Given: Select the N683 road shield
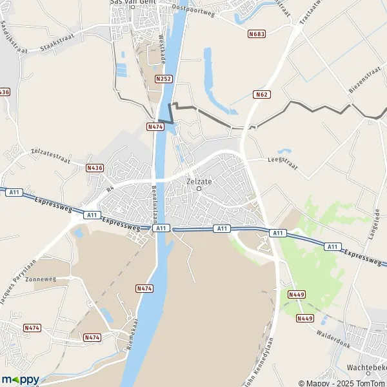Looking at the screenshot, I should tap(256, 33).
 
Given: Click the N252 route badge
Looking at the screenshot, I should tap(163, 79).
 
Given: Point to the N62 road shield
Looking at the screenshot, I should tap(261, 95).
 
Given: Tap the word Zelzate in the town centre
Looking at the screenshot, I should tap(199, 181).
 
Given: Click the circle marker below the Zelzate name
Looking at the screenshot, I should tap(199, 189).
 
